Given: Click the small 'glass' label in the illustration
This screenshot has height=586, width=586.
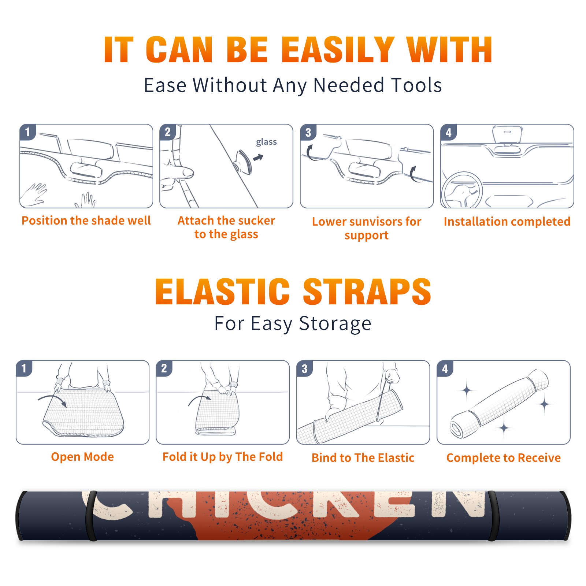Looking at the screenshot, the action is pyautogui.click(x=266, y=142).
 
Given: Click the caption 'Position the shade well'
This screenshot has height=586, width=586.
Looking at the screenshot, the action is pyautogui.click(x=86, y=220).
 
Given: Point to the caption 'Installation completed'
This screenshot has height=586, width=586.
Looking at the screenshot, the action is pyautogui.click(x=507, y=221).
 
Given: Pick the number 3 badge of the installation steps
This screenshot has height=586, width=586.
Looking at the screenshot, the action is pyautogui.click(x=308, y=133).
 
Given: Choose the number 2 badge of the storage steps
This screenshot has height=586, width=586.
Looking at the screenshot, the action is pyautogui.click(x=164, y=368).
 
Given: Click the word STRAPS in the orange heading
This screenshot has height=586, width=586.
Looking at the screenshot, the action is pyautogui.click(x=367, y=292).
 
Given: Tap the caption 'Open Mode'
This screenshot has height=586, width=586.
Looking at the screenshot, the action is pyautogui.click(x=82, y=457).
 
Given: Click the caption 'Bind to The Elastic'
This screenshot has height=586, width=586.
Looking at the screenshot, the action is pyautogui.click(x=363, y=458).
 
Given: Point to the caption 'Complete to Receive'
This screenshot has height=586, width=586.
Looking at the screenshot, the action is pyautogui.click(x=504, y=458).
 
